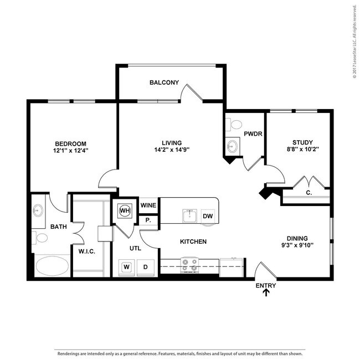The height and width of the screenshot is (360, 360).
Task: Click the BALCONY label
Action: [164, 83]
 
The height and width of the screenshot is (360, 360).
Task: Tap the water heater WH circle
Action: [125, 210]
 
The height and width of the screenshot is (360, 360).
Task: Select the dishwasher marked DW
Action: [208, 216]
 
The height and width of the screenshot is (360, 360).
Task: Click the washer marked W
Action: [126, 267]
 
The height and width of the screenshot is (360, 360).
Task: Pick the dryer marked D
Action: [145, 268]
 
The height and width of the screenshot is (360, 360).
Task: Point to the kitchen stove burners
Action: [189, 265]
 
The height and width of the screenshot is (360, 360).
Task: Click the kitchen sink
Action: [189, 216]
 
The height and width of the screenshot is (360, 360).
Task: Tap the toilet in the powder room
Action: [234, 125]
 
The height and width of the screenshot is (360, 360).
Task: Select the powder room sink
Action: [233, 145]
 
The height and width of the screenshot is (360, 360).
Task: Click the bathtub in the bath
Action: [53, 266]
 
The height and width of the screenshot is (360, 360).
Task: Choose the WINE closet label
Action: [148, 205]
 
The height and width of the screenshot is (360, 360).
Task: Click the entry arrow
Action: [266, 292]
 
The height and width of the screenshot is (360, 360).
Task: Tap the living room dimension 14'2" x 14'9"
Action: [172, 150]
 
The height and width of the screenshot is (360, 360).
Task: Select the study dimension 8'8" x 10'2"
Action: [302, 149]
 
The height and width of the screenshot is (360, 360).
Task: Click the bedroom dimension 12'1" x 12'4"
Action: [71, 151]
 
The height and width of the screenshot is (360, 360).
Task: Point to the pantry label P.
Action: [148, 220]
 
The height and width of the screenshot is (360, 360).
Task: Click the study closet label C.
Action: [309, 193]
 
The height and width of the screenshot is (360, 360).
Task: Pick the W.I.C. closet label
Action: [87, 251]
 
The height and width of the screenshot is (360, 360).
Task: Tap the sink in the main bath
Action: [38, 210]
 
